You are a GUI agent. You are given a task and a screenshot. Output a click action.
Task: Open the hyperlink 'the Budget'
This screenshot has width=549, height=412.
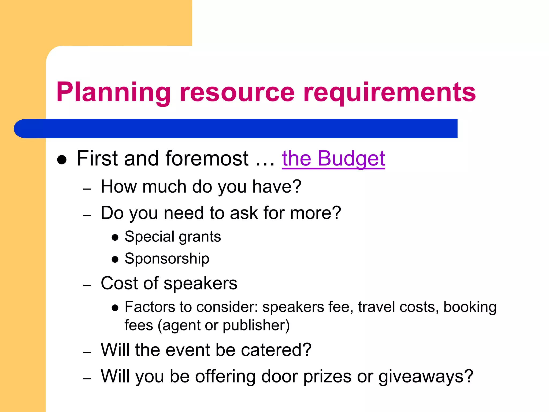point(333,159)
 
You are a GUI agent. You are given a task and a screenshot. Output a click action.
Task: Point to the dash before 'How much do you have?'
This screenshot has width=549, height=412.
point(87,189)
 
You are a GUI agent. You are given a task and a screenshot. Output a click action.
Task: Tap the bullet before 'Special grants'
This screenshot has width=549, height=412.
point(115,237)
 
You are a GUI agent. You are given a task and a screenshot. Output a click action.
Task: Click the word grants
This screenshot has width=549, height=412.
point(200,237)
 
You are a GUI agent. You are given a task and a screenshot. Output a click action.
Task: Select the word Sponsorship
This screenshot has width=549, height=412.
point(167,259)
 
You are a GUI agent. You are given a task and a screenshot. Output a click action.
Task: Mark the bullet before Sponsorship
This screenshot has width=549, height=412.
point(115,259)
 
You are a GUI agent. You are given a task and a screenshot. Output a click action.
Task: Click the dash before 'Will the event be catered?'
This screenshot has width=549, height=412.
point(87,352)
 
